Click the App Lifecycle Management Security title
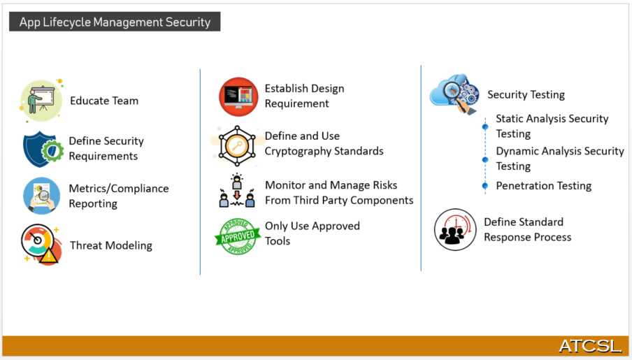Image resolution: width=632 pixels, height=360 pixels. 115,22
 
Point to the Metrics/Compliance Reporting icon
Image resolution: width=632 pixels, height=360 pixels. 41,196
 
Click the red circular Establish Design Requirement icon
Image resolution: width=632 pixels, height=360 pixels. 238,96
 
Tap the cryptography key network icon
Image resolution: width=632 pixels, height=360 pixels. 238,145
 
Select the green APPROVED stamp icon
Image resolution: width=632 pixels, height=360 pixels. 238,236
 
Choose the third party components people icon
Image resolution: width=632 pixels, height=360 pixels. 237,191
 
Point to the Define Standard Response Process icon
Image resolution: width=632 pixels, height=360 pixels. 455,229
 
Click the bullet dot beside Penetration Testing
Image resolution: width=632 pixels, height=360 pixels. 484,185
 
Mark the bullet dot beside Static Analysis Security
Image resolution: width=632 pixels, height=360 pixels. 484,127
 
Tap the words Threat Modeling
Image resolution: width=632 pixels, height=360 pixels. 111,245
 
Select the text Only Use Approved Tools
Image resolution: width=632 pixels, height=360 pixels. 312,233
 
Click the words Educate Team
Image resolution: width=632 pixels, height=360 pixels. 104,101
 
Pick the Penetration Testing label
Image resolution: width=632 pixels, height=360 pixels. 544,186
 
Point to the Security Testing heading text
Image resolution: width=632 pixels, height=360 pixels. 526,95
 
